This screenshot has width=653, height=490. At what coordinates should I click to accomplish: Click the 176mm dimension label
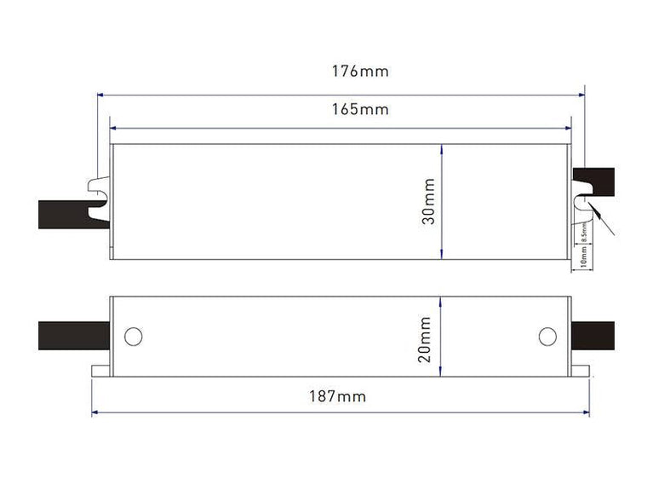click(x=360, y=71)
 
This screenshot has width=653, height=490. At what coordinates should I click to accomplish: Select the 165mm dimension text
click(x=360, y=110)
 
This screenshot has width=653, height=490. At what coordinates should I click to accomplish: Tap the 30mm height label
click(x=428, y=201)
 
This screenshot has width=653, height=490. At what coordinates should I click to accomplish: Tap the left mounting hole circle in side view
click(x=133, y=336)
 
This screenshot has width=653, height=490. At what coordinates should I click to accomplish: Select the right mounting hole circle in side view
click(x=547, y=336)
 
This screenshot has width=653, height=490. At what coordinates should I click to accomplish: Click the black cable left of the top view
click(x=64, y=213)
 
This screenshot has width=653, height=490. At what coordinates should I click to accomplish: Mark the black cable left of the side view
click(x=73, y=336)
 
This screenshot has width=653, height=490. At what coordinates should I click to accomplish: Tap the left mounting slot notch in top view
click(x=99, y=193)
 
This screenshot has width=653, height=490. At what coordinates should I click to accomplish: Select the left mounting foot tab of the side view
click(x=100, y=371)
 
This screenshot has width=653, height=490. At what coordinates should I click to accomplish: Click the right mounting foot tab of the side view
click(x=579, y=371)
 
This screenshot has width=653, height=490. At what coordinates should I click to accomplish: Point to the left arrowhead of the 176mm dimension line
click(x=101, y=95)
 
